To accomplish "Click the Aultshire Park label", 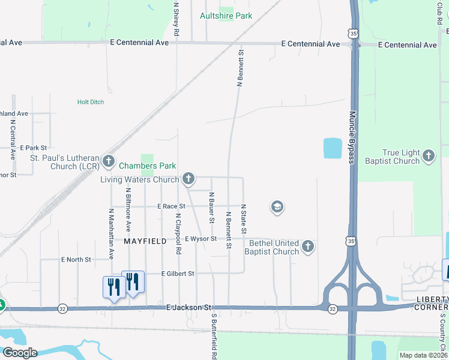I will [226, 16].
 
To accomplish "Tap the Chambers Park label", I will [147, 166].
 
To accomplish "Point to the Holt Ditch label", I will [91, 102].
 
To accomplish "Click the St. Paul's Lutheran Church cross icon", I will [109, 161].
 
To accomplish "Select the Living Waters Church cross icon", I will [188, 178].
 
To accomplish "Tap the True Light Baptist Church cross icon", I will [428, 156].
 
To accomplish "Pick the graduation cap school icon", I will [277, 208].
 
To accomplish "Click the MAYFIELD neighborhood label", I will [145, 241].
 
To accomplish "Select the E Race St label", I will [171, 206].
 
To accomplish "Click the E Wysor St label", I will [200, 239].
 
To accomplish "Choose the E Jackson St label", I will [190, 308].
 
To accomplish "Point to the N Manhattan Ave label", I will [112, 234].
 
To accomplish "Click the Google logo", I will [20, 352].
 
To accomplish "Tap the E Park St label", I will [34, 148].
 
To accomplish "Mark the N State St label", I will [244, 219].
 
